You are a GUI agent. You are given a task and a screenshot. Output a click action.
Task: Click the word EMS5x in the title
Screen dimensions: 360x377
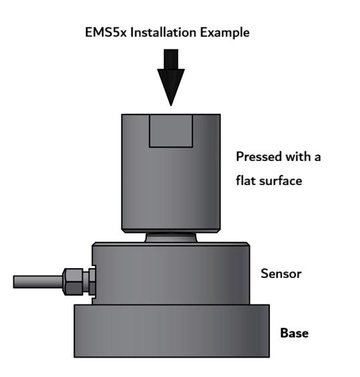coord(106,33)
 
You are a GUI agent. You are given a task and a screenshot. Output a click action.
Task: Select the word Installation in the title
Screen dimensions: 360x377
coord(163,33)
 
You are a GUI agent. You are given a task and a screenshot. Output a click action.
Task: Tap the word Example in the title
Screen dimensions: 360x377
coord(224,33)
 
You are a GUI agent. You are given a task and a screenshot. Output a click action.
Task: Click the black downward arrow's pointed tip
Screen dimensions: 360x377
coord(171,106)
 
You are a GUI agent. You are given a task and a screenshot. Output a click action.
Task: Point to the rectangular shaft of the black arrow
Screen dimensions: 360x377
coord(171,59)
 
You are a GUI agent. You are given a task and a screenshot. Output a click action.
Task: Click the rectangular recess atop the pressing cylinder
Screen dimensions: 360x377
coord(171,131)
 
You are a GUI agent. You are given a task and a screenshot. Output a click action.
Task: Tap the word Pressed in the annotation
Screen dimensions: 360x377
coord(259,157)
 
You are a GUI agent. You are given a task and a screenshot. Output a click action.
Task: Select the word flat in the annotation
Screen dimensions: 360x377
coord(245,180)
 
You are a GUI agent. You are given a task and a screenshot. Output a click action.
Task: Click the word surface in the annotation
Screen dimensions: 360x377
coord(281,180)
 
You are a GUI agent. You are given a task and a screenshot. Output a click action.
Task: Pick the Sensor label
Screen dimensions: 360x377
coord(281,273)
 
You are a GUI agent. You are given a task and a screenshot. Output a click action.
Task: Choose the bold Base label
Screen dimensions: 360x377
coord(295,333)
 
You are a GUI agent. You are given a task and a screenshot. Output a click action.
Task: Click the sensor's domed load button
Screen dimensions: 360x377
coord(171,237)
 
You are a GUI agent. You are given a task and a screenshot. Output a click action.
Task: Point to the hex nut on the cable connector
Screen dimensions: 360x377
coord(73,282)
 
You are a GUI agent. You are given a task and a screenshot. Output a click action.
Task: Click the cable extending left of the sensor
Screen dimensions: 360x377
coord(38,282)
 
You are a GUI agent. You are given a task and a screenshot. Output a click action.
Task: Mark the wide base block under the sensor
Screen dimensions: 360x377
coord(172,331)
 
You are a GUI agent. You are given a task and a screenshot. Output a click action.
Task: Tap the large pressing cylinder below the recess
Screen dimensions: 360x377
coord(171,188)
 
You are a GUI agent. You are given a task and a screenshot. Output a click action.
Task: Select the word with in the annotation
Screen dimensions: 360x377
coord(298,157)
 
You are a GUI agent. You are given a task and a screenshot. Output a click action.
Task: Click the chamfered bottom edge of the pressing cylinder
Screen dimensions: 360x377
coord(171,231)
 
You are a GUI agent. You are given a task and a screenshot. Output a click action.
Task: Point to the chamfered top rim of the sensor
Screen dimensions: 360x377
coord(171,244)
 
